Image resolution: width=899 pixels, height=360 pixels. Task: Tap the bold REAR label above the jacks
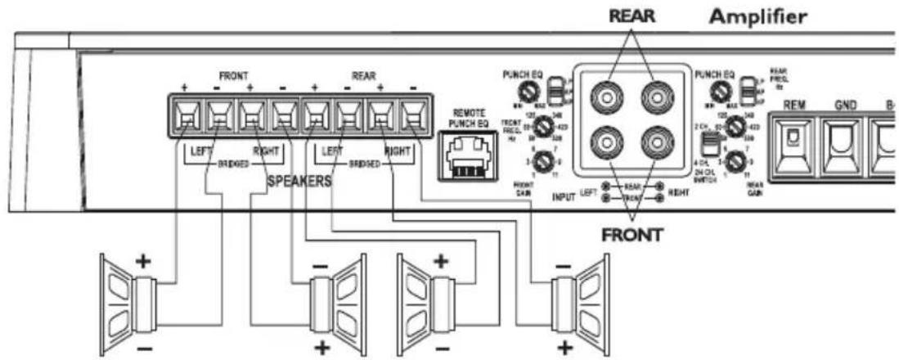point(636,16)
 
